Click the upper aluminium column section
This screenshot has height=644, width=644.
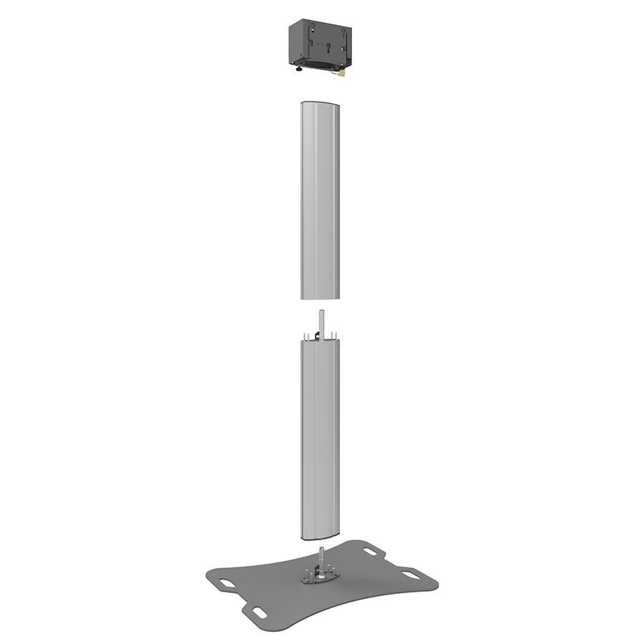tap(318, 200)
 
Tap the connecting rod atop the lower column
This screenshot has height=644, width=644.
tap(322, 322)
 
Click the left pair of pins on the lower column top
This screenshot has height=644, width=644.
tap(307, 336)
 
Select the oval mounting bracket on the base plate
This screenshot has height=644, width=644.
tap(316, 574)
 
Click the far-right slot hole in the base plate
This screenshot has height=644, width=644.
tap(410, 574)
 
